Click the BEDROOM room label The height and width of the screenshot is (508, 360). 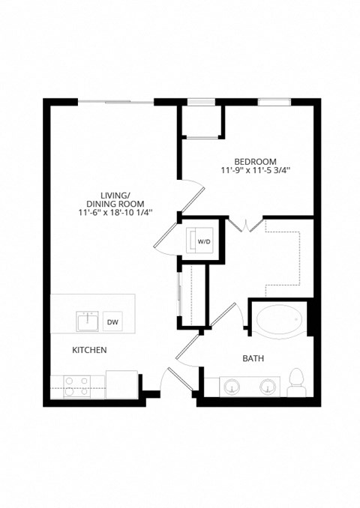(256, 161)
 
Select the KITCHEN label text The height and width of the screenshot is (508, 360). (89, 350)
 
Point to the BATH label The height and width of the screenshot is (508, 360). (252, 359)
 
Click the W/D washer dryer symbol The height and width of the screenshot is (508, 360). (202, 240)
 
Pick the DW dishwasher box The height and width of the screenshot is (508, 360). (112, 321)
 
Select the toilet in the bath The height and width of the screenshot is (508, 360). (297, 381)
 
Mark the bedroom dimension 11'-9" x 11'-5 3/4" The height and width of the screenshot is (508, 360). (256, 172)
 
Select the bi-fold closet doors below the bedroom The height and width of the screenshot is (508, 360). (247, 224)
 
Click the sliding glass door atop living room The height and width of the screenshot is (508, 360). (115, 101)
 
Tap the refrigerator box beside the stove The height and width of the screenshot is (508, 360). (120, 384)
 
